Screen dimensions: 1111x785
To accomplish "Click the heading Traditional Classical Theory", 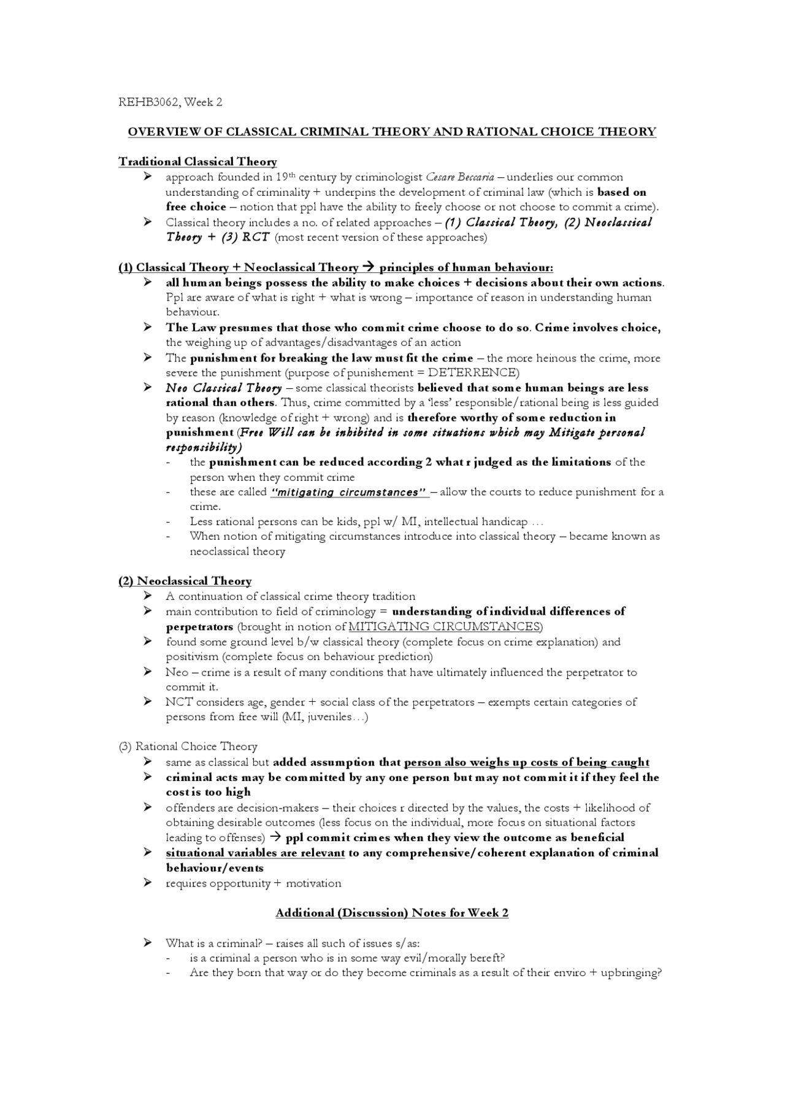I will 197,162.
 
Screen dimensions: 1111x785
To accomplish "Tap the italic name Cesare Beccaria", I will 459,177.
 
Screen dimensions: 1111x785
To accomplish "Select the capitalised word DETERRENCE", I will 472,373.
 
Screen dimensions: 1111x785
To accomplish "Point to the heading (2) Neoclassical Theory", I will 185,582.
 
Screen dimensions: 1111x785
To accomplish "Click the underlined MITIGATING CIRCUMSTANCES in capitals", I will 445,627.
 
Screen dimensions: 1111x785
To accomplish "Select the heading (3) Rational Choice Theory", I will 188,747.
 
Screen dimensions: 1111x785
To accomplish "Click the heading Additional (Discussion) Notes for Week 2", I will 392,913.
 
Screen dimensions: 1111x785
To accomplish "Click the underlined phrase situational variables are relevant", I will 255,853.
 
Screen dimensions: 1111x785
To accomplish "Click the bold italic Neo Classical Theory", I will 223,388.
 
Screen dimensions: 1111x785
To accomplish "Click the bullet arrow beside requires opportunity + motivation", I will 147,883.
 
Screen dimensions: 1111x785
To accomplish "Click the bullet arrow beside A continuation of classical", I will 147,596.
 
